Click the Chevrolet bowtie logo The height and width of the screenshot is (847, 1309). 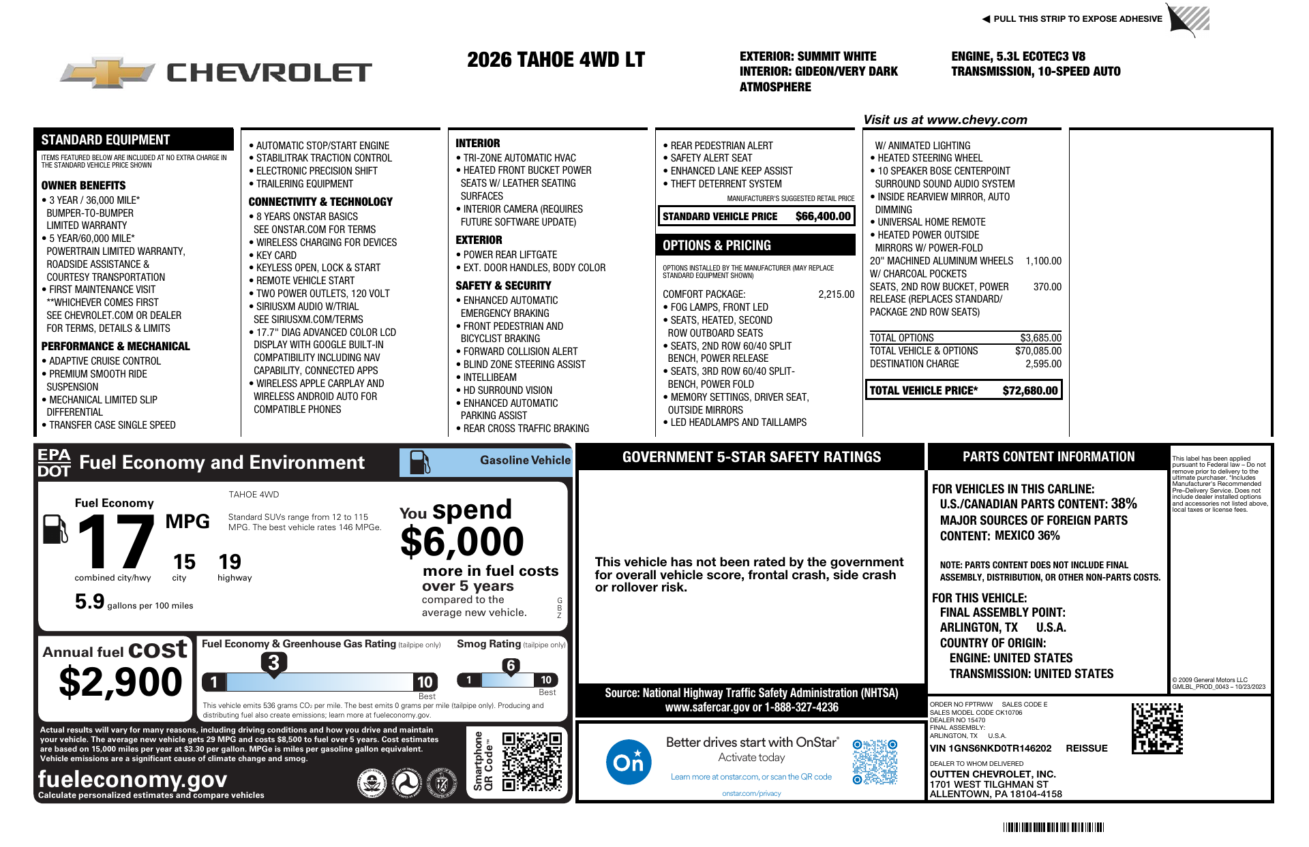(x=107, y=72)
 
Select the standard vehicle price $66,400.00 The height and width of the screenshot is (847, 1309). (x=823, y=217)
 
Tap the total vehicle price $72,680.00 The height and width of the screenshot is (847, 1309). (x=1029, y=390)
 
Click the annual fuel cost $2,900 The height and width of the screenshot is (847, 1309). (x=121, y=682)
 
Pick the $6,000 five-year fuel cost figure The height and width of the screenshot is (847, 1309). (x=462, y=542)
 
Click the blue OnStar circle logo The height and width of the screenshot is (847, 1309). (x=628, y=762)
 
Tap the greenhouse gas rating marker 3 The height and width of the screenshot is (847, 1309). (x=273, y=662)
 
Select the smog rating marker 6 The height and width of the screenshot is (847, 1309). (x=511, y=666)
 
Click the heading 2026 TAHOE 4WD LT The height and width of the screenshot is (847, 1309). (x=556, y=60)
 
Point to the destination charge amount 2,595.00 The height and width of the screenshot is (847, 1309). (x=1043, y=364)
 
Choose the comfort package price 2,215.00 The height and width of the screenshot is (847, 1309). (x=836, y=294)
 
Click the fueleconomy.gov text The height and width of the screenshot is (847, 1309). (x=132, y=779)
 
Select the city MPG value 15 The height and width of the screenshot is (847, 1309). (x=184, y=562)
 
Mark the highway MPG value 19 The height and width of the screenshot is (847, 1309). (x=230, y=562)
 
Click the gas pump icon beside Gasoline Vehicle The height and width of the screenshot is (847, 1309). (x=419, y=462)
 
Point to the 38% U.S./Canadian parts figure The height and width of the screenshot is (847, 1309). (x=1124, y=504)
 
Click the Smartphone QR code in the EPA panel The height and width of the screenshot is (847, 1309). (x=532, y=762)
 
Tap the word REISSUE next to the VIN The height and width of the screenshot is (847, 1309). (x=1086, y=748)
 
